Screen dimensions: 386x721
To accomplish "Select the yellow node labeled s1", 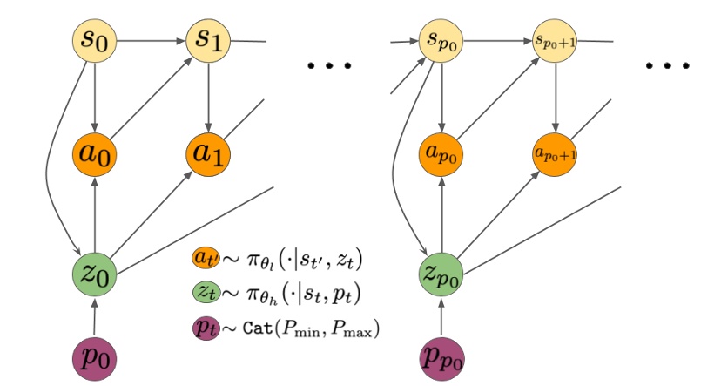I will pyautogui.click(x=208, y=40).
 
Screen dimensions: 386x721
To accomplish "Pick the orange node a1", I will pyautogui.click(x=208, y=155).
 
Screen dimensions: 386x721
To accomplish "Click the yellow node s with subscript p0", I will pyautogui.click(x=443, y=40).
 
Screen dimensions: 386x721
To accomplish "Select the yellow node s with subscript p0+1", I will pyautogui.click(x=555, y=40).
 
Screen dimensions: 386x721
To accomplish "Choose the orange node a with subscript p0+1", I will pyautogui.click(x=555, y=155).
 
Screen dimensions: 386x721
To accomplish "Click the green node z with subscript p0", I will pyautogui.click(x=443, y=272).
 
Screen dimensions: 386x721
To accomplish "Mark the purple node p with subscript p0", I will pyautogui.click(x=443, y=357).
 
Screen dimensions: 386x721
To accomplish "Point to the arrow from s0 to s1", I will pyautogui.click(x=151, y=40).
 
